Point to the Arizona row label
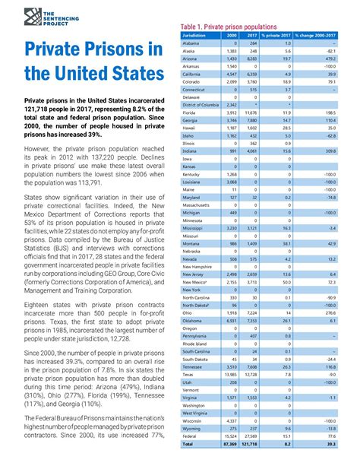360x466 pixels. coord(191,59)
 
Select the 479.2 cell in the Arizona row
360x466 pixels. coord(331,59)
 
